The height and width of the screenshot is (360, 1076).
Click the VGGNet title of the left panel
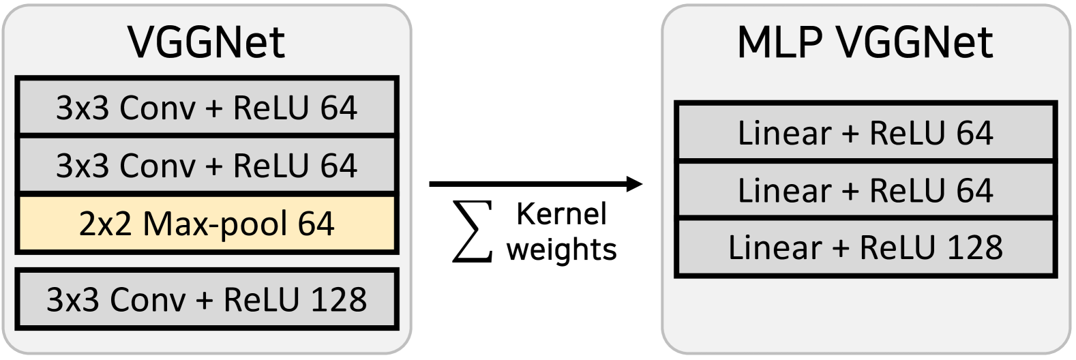point(206,42)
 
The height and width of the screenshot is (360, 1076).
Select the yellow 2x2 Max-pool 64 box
point(207,224)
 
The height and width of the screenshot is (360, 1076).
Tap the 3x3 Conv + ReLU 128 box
point(207,299)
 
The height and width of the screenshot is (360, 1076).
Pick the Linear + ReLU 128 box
point(865,247)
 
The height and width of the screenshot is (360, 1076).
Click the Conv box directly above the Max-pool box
point(207,166)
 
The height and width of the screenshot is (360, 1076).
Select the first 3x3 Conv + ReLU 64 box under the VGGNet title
point(207,108)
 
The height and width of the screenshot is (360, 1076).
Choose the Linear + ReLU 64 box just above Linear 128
point(865,190)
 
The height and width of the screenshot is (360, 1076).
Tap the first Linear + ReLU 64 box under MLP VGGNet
point(865,132)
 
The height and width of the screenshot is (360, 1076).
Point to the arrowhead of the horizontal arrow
point(635,183)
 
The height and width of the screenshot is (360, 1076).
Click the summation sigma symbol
point(473,232)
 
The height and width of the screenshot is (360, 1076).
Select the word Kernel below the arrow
point(561,214)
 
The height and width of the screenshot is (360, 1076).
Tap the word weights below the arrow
point(561,250)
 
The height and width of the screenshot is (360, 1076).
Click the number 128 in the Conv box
point(339,299)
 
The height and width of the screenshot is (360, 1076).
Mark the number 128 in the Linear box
point(975,247)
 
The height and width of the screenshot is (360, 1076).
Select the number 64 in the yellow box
point(316,224)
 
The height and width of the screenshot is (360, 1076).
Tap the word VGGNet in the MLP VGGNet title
point(914,42)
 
